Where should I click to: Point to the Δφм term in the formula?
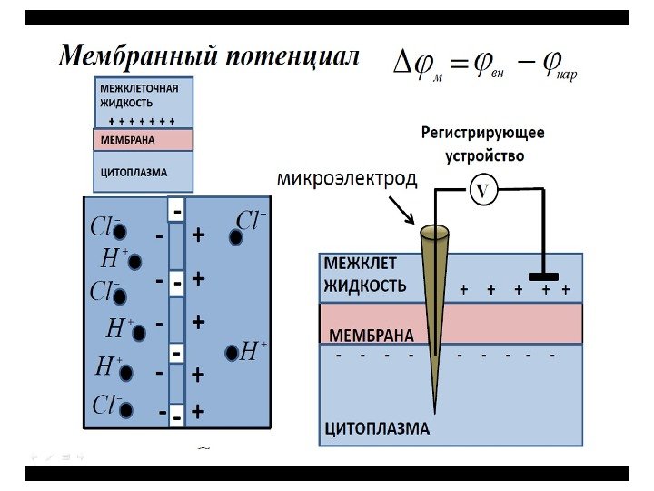[x=417, y=64]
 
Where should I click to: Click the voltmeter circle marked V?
[x=482, y=191]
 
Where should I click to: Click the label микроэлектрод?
[x=347, y=179]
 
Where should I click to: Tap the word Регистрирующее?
[x=482, y=133]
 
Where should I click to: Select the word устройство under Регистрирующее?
[x=484, y=155]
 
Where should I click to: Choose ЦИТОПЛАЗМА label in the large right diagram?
[x=377, y=427]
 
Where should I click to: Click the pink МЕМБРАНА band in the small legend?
[x=144, y=141]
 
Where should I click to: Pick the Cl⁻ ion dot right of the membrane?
[x=235, y=237]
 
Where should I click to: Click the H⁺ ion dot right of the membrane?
[x=231, y=352]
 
